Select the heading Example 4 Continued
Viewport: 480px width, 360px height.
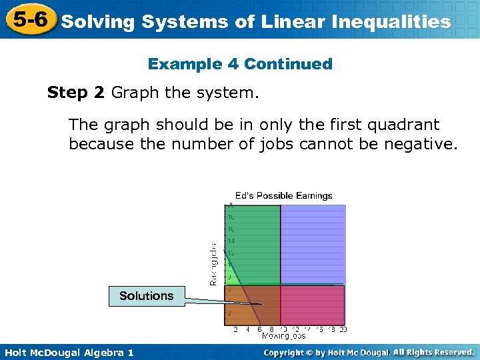point(240,64)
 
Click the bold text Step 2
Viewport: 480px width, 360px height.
point(76,93)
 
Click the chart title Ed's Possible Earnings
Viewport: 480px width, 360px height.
point(283,195)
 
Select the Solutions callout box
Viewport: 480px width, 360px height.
point(146,295)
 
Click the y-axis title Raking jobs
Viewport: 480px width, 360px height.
point(213,263)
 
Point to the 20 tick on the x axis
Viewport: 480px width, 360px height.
point(343,329)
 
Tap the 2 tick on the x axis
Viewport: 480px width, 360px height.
point(235,329)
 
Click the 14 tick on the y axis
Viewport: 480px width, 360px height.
point(231,240)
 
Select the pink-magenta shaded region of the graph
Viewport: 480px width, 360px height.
point(312,305)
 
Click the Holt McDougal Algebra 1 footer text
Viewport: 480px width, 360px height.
point(67,352)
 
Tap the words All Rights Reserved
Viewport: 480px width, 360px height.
point(433,352)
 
